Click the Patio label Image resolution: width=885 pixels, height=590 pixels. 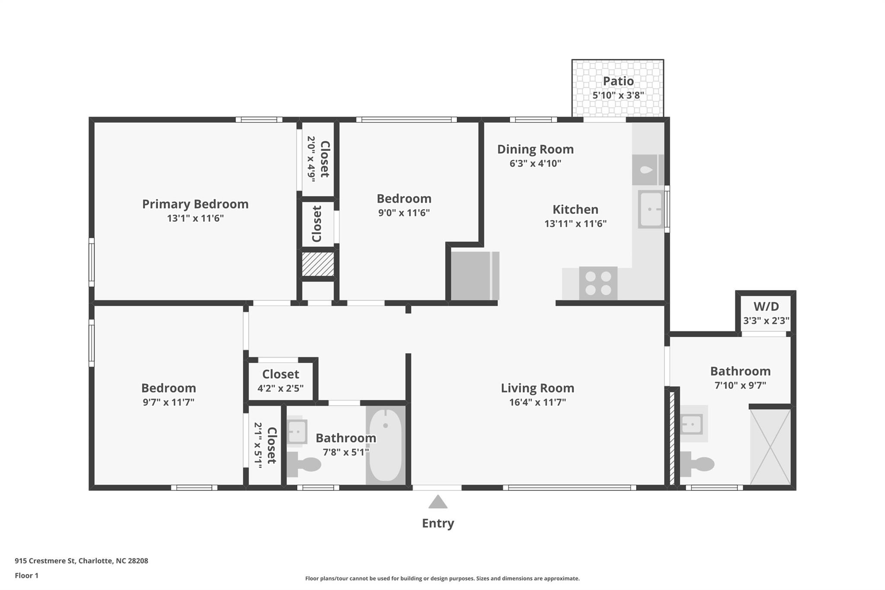coord(618,81)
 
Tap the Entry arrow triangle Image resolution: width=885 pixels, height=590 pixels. coord(438,502)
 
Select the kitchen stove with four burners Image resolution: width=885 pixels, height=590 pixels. coord(598,283)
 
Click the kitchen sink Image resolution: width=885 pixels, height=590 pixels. coord(651,210)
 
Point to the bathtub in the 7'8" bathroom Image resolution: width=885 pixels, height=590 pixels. coord(385,445)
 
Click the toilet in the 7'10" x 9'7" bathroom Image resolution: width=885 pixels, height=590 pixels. coord(697,464)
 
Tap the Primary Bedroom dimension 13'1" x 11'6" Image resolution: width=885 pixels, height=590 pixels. coord(195,218)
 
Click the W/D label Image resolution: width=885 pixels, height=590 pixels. coord(766,306)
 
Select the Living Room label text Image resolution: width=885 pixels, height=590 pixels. coord(538,388)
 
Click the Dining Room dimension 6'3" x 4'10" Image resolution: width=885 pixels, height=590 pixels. coord(535,163)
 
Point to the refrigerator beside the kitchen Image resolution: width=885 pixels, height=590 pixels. coord(475,276)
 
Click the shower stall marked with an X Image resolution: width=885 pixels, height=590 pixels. coord(770,447)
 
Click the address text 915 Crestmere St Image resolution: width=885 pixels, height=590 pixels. coord(45,561)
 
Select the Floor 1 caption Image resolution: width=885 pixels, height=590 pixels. coord(26,575)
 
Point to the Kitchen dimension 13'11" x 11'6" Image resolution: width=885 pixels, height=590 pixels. coord(576,223)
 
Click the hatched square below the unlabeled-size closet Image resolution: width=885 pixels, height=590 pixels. coord(318,264)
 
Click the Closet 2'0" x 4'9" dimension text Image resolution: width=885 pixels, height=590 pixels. coord(311,159)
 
